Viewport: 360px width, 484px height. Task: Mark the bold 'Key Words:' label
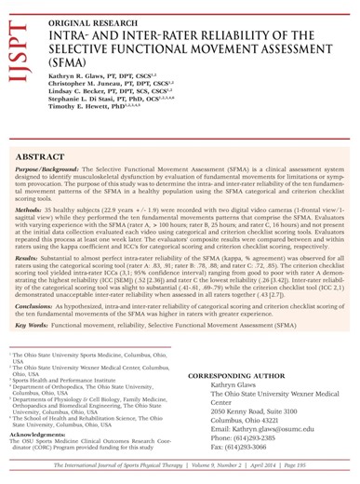(x=38, y=328)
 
